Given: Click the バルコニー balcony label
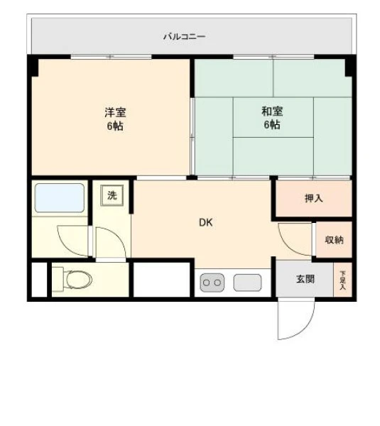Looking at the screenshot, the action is coord(184,36).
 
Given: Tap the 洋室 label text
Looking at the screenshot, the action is coord(115,112).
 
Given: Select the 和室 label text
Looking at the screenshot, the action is coord(272,111).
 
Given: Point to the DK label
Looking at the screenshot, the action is coord(206,222).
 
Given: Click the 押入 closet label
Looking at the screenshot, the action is coord(314,198).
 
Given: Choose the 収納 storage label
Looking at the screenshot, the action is coord(335,240).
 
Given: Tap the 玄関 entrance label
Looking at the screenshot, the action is coord(305,279).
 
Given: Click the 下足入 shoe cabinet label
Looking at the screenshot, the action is coord(343,280).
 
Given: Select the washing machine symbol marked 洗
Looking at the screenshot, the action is coord(112,195).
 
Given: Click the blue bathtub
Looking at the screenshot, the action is coord(60,198).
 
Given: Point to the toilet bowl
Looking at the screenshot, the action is coord(78,279).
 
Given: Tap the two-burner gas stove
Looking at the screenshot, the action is coord(212,283).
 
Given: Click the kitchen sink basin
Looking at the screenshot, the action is coord(248,283).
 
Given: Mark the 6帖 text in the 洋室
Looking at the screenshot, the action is coord(114,126).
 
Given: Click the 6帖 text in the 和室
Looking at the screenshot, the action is coord(272,125).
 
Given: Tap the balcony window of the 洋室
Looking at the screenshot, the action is coord(112,57).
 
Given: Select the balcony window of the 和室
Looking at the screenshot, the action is coord(273,57).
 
